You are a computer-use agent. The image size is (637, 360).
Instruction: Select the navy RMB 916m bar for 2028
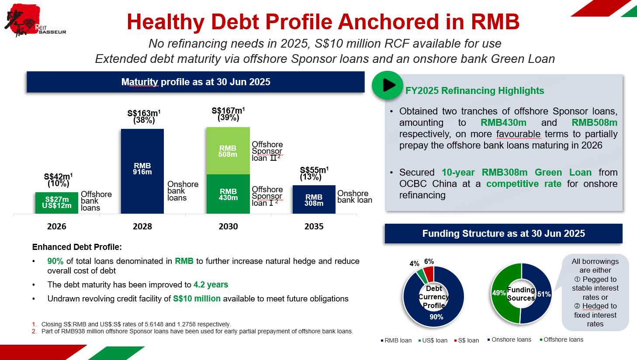tap(142, 171)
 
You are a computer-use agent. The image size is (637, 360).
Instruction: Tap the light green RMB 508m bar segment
tap(228, 151)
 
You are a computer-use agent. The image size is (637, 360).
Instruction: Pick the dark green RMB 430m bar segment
tap(228, 194)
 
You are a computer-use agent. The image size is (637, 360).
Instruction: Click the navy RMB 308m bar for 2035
tap(314, 199)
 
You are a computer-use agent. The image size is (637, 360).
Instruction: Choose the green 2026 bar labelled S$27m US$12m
tap(57, 203)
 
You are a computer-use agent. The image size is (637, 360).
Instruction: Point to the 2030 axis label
tap(228, 226)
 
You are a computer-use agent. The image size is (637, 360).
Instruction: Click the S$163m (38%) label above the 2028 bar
tap(144, 117)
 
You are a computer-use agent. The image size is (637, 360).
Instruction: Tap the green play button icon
tap(388, 85)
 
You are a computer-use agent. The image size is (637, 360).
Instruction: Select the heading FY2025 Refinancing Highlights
tap(474, 91)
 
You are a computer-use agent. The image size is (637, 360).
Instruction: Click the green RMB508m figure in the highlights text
tap(594, 123)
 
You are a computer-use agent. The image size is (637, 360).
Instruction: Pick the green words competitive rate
tap(524, 183)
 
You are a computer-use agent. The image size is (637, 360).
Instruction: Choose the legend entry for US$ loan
tap(433, 340)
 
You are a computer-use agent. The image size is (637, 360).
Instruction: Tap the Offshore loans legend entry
tap(561, 339)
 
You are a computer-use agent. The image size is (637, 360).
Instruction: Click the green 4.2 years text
tap(211, 285)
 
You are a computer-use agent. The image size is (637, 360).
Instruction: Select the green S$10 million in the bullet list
tap(197, 298)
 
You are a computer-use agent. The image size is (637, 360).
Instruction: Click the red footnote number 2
tap(34, 331)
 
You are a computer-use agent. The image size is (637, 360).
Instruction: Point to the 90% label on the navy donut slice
tap(436, 317)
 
